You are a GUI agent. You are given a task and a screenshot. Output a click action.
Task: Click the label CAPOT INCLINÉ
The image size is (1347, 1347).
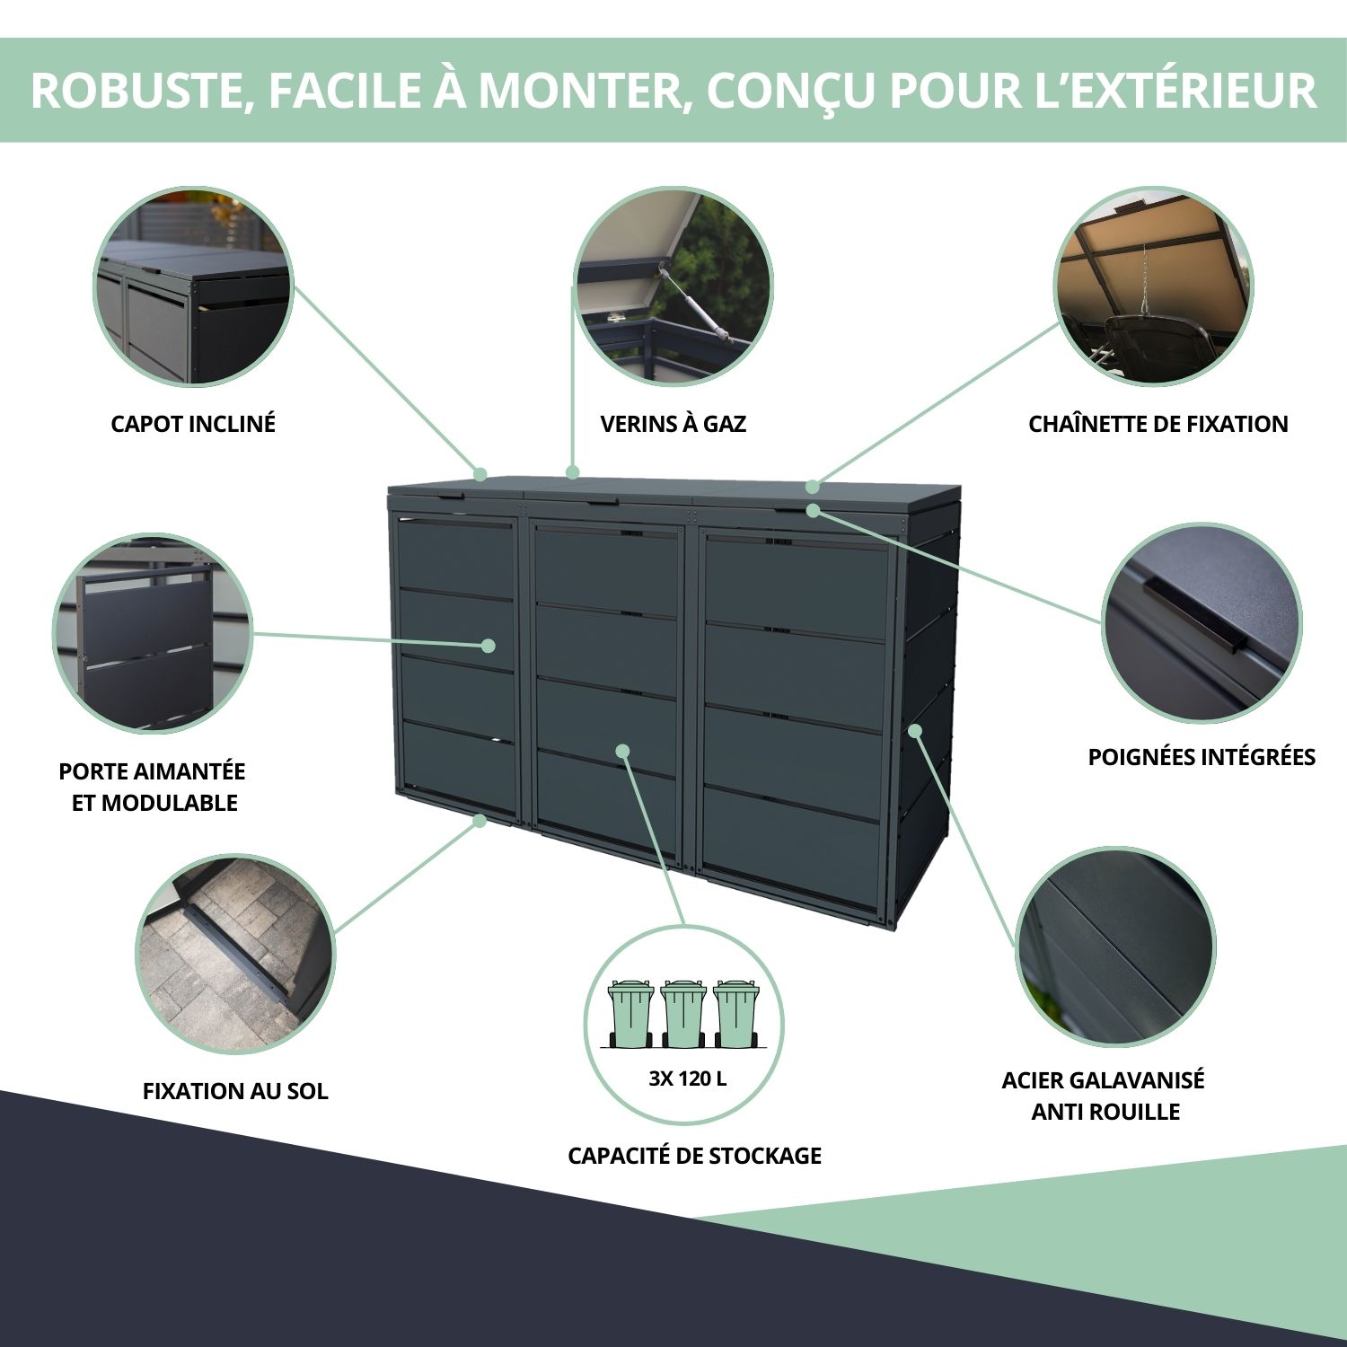192,424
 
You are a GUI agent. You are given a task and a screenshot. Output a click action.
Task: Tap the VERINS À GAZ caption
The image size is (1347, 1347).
673,424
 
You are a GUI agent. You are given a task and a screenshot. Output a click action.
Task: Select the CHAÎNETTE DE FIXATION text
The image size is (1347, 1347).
1158,424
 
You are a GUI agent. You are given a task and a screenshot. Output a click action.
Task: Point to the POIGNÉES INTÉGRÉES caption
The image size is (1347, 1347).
1201,757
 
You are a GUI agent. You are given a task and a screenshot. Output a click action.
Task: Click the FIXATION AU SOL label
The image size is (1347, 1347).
235,1091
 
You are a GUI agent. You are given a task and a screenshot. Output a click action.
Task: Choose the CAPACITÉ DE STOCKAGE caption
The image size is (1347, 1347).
694,1156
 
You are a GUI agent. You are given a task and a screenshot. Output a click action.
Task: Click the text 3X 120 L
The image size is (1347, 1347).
687,1078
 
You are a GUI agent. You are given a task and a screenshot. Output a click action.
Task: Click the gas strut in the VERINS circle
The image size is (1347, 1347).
696,301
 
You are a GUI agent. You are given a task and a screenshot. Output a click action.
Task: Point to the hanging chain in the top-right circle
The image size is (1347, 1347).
1144,278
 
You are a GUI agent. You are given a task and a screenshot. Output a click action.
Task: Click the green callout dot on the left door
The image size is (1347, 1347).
489,645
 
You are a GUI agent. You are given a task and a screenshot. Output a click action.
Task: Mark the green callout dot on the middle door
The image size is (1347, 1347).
622,751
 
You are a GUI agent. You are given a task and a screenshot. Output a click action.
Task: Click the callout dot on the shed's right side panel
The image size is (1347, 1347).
914,730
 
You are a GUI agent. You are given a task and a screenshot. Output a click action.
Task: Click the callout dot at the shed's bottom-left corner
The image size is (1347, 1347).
480,820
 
